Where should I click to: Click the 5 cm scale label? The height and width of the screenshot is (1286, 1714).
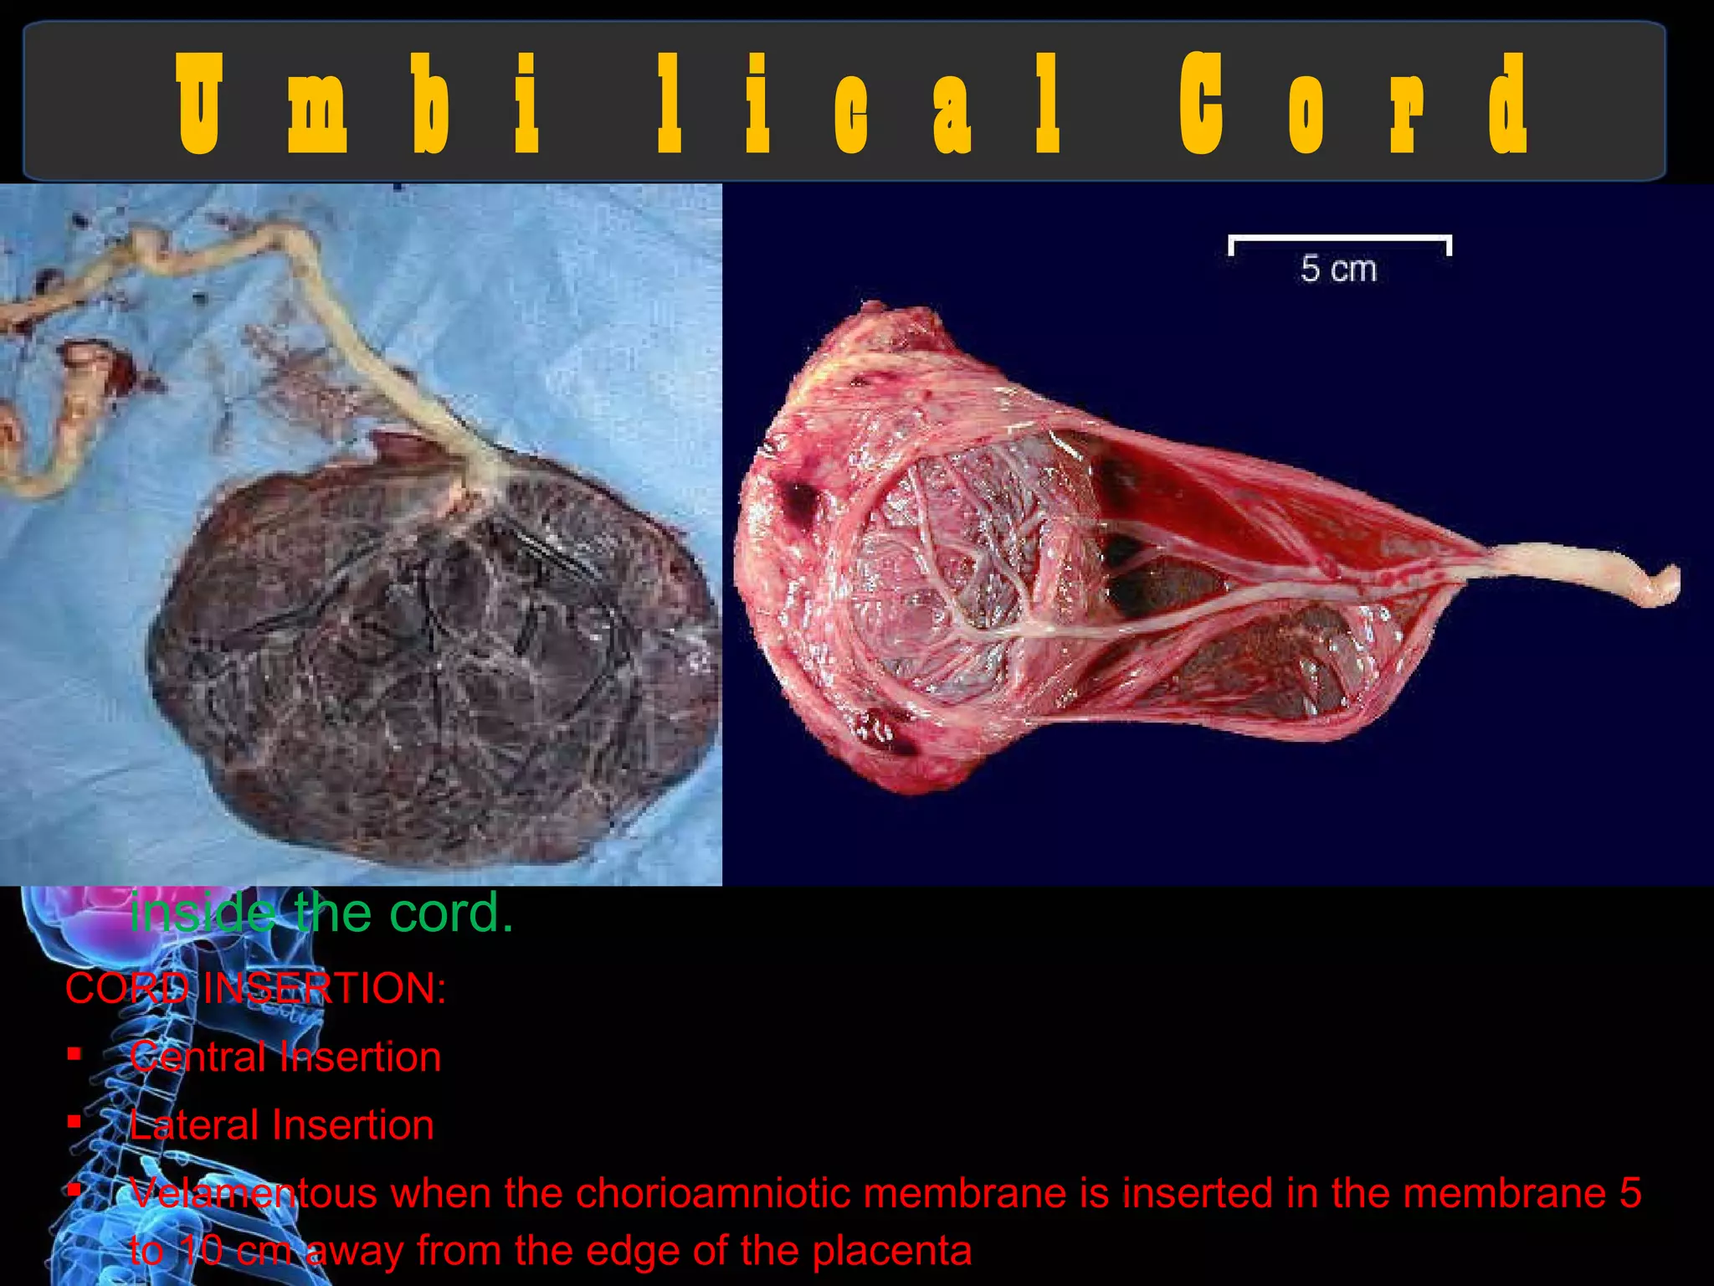(1337, 270)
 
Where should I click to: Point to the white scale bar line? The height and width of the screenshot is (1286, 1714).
(1339, 239)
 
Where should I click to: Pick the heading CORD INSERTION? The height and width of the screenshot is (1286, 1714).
(255, 988)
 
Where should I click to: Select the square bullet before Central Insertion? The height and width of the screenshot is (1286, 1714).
(74, 1054)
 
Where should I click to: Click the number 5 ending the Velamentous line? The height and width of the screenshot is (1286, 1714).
(1629, 1193)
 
